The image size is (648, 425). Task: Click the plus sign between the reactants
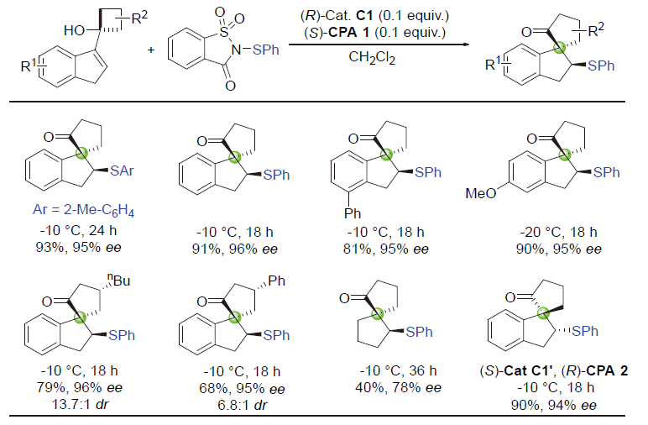(152, 49)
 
